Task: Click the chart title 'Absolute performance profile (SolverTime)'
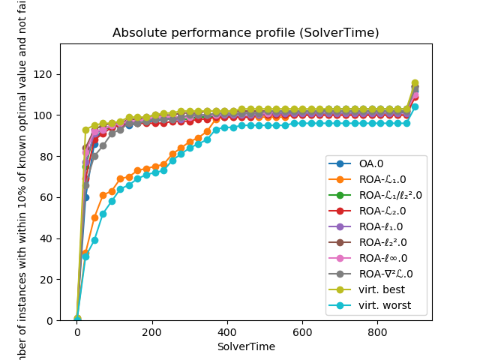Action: (245, 33)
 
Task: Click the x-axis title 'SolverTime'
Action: (245, 346)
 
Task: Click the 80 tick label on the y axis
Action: (49, 157)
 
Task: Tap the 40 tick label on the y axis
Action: (49, 238)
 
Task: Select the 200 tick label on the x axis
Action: (152, 332)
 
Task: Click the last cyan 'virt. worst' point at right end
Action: (415, 107)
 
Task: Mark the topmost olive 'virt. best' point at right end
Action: (415, 83)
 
